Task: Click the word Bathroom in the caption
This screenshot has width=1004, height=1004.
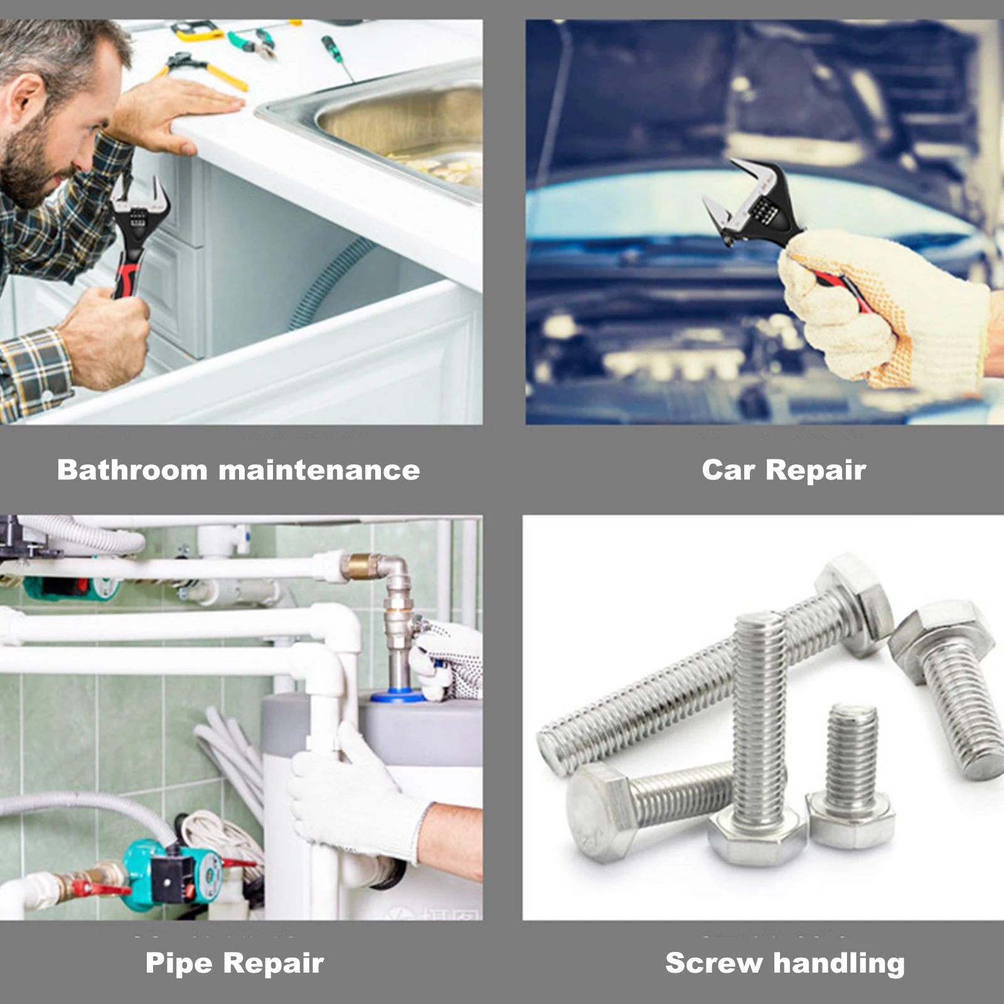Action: click(132, 470)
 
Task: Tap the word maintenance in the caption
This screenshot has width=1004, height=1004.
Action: click(319, 471)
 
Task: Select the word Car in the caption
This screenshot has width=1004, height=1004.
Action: click(728, 470)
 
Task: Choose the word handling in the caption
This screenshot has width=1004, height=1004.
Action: click(839, 964)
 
